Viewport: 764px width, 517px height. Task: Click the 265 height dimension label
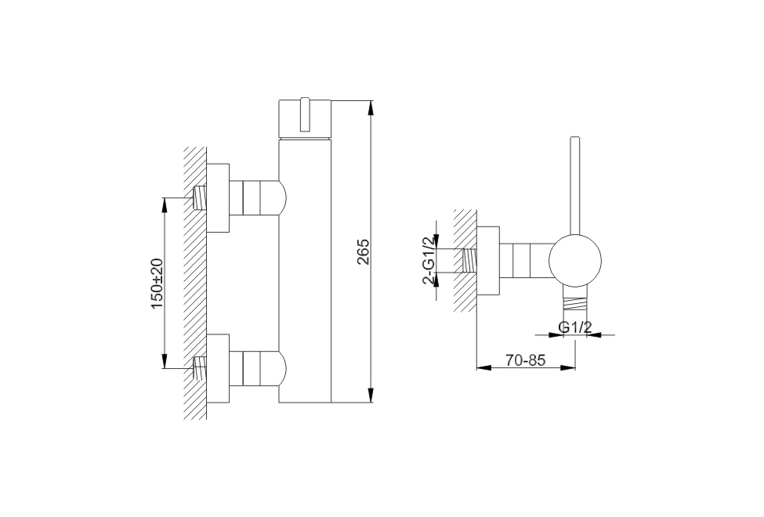(x=364, y=251)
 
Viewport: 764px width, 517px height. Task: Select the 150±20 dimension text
(x=158, y=283)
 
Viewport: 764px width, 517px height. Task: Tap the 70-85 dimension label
(x=525, y=360)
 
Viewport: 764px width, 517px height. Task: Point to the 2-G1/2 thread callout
(x=429, y=260)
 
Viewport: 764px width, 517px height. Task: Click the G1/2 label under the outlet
(x=575, y=327)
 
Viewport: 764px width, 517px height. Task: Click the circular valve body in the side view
(x=575, y=260)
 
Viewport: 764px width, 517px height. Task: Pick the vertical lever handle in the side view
(x=575, y=186)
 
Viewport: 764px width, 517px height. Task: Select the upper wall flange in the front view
(x=218, y=198)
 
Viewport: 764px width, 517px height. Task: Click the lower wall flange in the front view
(x=218, y=369)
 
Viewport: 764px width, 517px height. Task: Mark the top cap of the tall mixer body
(x=305, y=119)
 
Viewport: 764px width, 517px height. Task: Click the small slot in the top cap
(x=305, y=114)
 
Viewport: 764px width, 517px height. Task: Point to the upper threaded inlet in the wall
(x=201, y=198)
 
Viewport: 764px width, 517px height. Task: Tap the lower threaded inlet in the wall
(x=201, y=369)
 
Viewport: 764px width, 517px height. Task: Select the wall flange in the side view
(x=488, y=261)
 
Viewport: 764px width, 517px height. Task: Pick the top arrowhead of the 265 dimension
(x=371, y=107)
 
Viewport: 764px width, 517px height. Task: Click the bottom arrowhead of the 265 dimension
(x=371, y=396)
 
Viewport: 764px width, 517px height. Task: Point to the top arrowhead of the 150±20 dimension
(x=165, y=205)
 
